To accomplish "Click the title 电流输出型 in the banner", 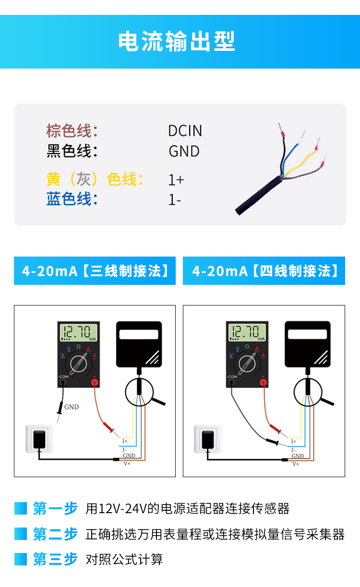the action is pos(177,41).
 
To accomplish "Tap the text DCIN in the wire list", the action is pos(185,131).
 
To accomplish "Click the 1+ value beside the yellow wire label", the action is pos(176,180).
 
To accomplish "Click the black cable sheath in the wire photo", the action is pos(258,195).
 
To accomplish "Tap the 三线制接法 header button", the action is pos(95,270).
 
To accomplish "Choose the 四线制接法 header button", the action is pos(264,270).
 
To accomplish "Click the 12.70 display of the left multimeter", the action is pos(79,332).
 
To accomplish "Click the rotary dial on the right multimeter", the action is pos(247,364).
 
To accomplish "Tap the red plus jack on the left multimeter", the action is pos(95,383).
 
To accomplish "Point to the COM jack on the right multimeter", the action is pos(231,383).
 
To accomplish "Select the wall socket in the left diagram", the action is pos(39,439).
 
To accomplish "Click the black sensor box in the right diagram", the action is pos(308,344).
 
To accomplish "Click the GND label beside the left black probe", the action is pos(72,407).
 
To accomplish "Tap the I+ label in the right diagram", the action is pos(294,442).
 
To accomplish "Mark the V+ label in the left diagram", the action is pos(127,464).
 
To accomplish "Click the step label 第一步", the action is pos(55,508).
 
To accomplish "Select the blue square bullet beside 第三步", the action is pos(21,559).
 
